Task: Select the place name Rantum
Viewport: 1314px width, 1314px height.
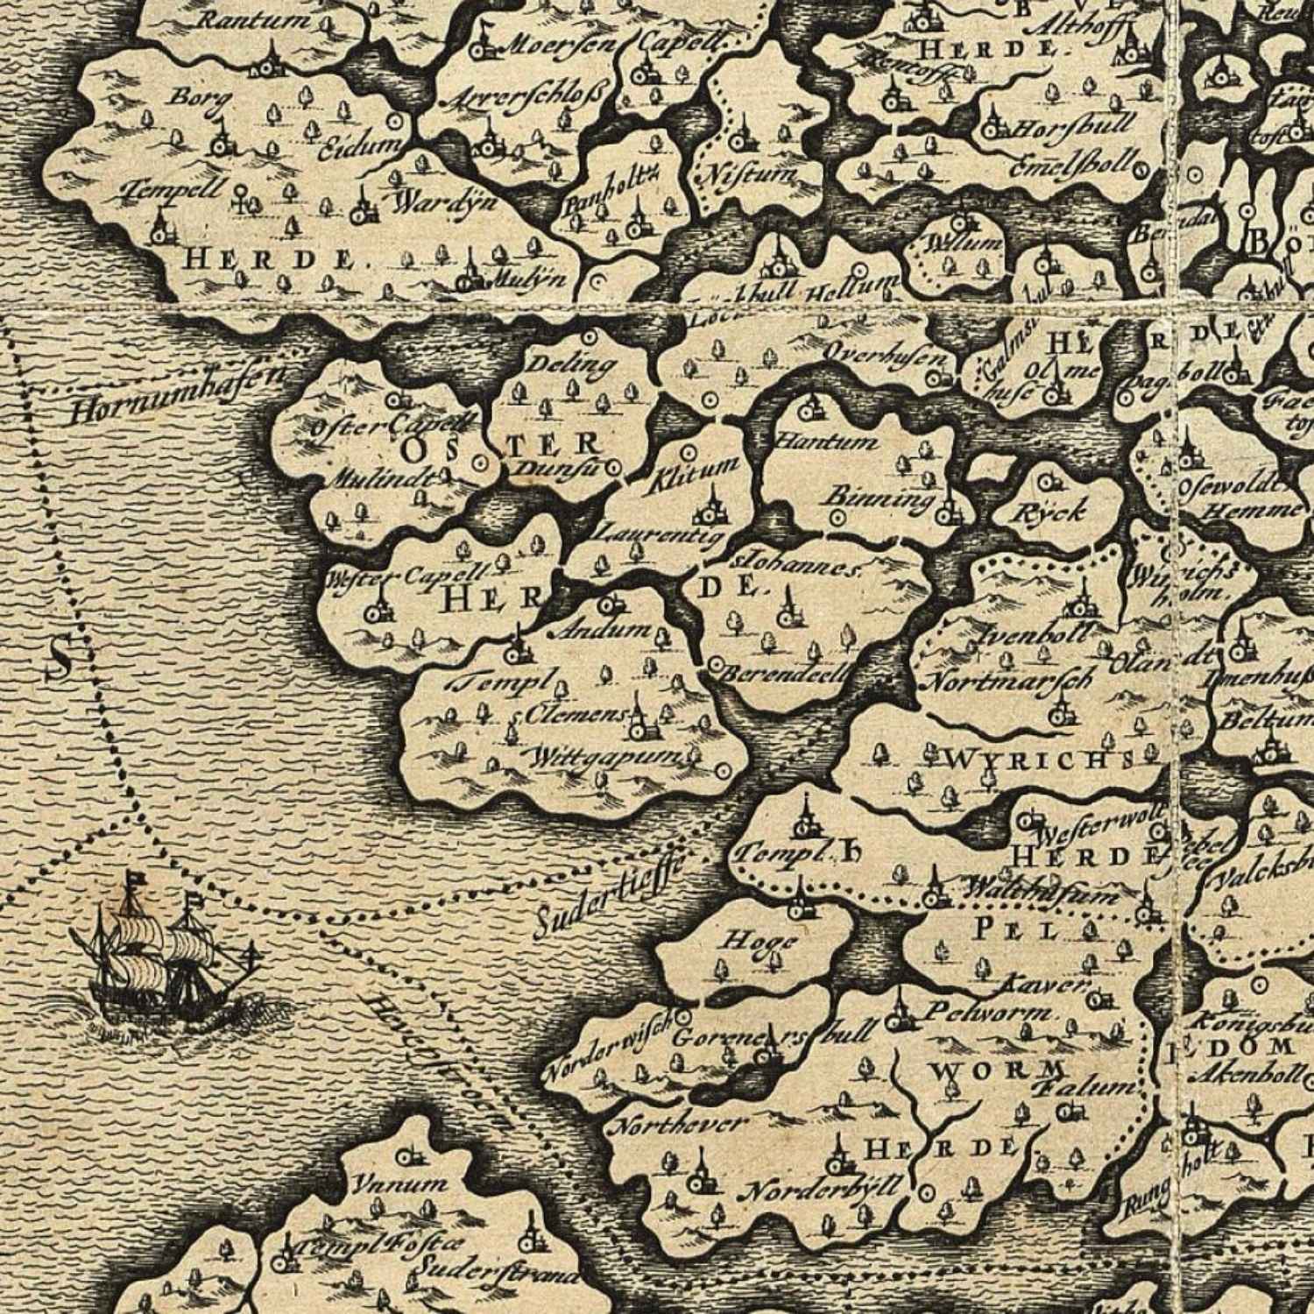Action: point(254,19)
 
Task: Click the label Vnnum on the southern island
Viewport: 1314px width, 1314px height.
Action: point(399,1184)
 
